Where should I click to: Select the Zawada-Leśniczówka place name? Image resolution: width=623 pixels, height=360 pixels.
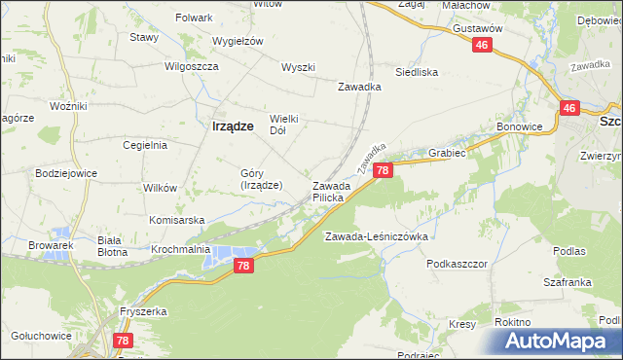(377, 236)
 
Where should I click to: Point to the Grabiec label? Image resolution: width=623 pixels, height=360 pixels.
(448, 153)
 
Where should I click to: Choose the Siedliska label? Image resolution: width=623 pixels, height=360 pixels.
(417, 72)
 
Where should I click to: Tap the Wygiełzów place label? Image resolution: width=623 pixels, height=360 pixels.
(239, 41)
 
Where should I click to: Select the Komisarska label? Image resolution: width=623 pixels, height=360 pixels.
(177, 220)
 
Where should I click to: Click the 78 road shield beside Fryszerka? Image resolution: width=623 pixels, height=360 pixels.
(123, 341)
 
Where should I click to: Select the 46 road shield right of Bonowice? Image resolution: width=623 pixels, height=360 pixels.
(570, 109)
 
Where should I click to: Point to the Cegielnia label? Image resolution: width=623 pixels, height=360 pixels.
(145, 145)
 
